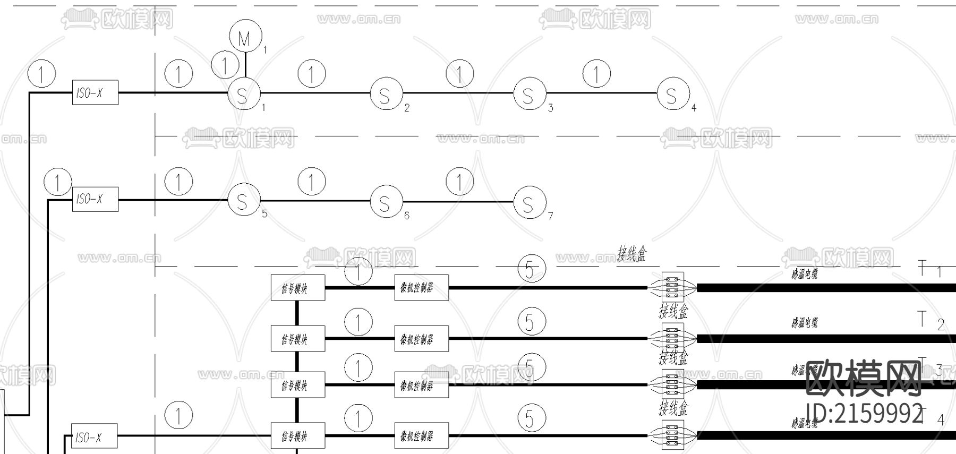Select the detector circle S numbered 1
pos(244,95)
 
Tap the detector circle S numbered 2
pos(386,95)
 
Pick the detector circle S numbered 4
pos(673,95)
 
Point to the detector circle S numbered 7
pos(530,203)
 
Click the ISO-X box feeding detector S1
pos(95,93)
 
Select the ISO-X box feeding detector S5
pos(95,199)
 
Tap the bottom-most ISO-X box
pos(94,437)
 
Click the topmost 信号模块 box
pos(297,288)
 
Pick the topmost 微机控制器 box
pos(421,287)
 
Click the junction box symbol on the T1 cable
pos(672,287)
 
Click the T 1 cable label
pos(930,270)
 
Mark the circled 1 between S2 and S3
pos(459,73)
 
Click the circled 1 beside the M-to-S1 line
pos(225,65)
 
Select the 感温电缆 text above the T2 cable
pos(804,322)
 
